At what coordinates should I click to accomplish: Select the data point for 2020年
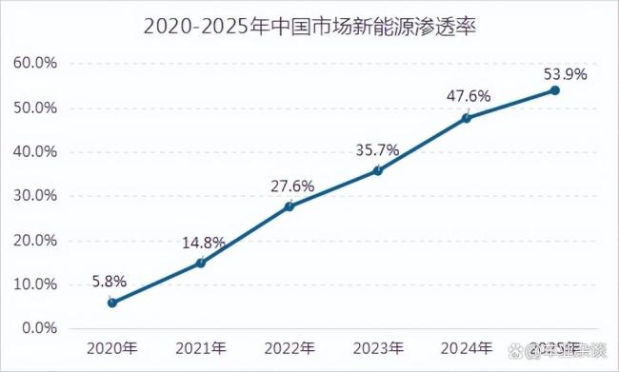point(112,303)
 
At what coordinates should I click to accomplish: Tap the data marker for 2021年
point(201,263)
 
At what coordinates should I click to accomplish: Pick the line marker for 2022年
point(290,206)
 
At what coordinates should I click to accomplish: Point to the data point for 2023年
point(378,170)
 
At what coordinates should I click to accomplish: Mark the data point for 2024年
point(467,118)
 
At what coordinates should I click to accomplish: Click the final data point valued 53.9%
point(555,90)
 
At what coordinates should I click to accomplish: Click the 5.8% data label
point(110,281)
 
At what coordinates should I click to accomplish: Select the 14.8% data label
point(203,242)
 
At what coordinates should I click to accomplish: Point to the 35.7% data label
point(378,148)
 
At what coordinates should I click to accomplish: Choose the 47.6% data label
point(467,95)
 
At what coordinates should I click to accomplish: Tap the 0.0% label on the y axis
point(36,328)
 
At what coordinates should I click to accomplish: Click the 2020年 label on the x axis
point(112,347)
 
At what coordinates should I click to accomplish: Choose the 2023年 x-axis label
point(378,347)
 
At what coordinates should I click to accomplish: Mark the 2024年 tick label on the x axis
point(467,347)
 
